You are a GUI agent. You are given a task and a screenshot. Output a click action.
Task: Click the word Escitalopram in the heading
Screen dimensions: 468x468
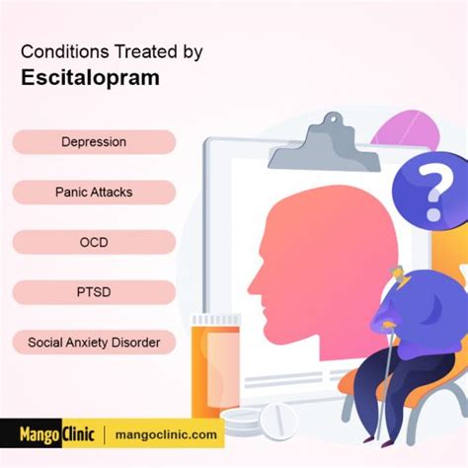pyautogui.click(x=90, y=78)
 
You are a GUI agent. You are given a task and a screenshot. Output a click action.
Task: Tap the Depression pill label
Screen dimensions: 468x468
pyautogui.click(x=94, y=142)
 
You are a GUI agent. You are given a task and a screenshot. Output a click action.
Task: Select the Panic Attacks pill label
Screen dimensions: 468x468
pyautogui.click(x=94, y=193)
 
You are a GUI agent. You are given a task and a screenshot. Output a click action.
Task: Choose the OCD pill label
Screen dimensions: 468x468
pyautogui.click(x=94, y=242)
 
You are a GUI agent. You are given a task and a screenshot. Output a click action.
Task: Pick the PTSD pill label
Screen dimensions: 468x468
pyautogui.click(x=94, y=292)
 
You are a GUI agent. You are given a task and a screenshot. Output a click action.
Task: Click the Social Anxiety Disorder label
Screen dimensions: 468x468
pyautogui.click(x=94, y=343)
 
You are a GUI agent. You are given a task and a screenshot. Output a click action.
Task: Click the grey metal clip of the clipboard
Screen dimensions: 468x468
pyautogui.click(x=326, y=146)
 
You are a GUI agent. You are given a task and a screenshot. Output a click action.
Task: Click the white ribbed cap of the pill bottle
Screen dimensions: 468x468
pyautogui.click(x=216, y=320)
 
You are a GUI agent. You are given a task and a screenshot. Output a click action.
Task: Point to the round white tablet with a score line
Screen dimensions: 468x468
pyautogui.click(x=278, y=421)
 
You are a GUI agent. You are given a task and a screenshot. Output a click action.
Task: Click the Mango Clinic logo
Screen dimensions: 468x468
pyautogui.click(x=56, y=434)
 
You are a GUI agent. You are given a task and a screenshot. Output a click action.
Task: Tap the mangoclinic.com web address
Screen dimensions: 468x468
pyautogui.click(x=166, y=434)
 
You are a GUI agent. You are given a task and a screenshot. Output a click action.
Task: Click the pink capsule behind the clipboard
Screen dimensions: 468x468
pyautogui.click(x=407, y=130)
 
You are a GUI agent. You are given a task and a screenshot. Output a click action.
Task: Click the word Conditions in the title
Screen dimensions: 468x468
pyautogui.click(x=65, y=51)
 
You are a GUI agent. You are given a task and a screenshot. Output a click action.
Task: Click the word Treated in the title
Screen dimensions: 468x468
pyautogui.click(x=146, y=51)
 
